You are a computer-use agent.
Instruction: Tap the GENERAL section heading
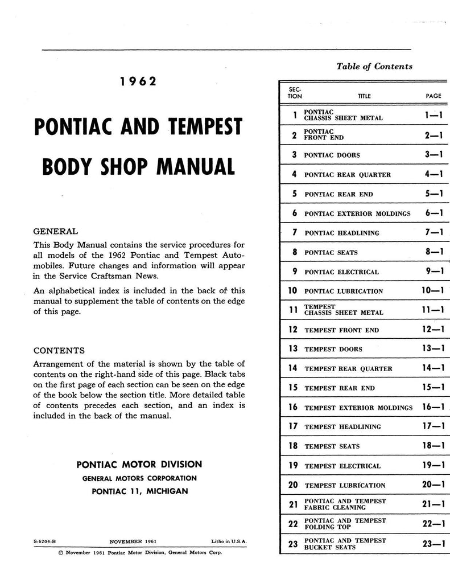click(x=56, y=232)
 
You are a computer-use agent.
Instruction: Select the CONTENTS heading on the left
click(x=59, y=350)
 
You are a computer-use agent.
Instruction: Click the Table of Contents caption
click(x=374, y=67)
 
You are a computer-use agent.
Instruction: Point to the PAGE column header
click(x=434, y=96)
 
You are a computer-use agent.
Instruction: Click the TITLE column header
click(x=364, y=96)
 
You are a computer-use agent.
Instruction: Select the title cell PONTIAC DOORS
click(x=332, y=155)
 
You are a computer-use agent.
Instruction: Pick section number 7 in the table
click(x=295, y=233)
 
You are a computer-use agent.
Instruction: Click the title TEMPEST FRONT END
click(x=342, y=330)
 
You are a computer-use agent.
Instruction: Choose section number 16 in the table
click(x=293, y=408)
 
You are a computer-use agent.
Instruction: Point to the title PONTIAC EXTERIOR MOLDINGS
click(x=357, y=214)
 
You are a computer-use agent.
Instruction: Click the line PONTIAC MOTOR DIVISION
click(x=139, y=465)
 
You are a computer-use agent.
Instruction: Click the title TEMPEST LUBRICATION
click(x=345, y=486)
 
